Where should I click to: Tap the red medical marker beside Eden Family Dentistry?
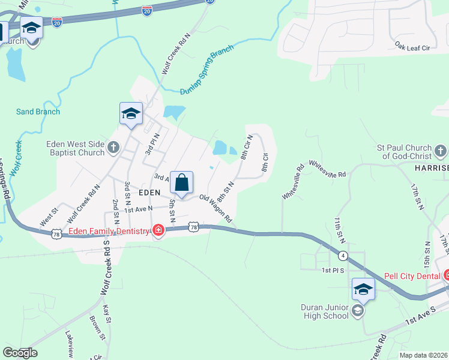(158, 231)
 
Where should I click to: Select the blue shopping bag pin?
(181, 182)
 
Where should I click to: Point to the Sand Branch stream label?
(38, 112)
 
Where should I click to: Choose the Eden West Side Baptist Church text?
(76, 148)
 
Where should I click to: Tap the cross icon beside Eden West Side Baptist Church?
(114, 146)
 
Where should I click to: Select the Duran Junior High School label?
(325, 311)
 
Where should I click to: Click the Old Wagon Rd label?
(215, 208)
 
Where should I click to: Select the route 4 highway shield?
(343, 256)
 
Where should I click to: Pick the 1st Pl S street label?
(333, 271)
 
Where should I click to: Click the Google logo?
(20, 353)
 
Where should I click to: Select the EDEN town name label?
(149, 193)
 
